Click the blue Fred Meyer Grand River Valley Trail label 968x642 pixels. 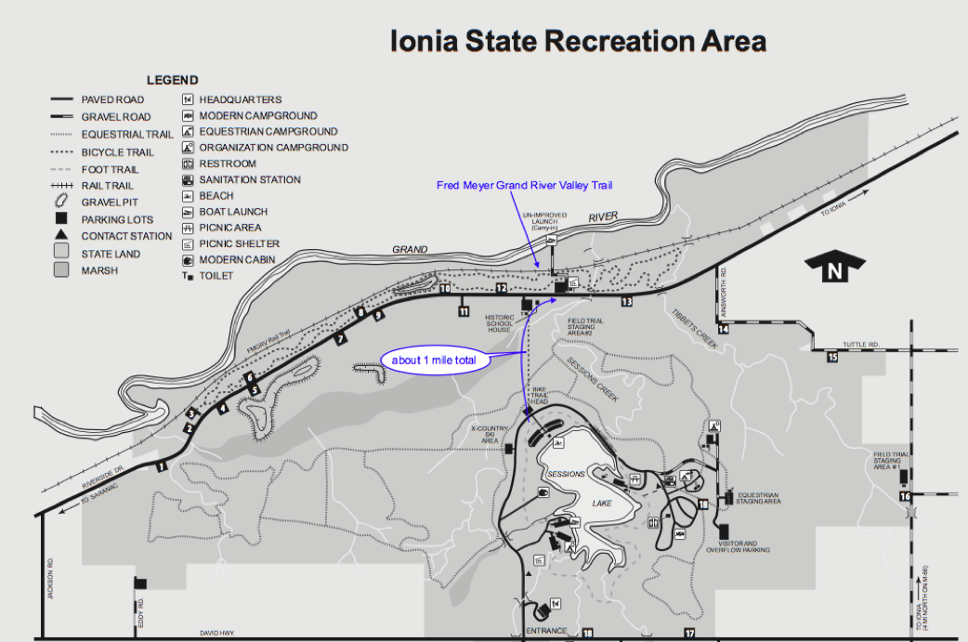[x=525, y=186]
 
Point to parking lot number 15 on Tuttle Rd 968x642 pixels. [x=832, y=357]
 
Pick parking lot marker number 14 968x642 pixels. [x=723, y=328]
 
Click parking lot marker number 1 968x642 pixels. [x=162, y=465]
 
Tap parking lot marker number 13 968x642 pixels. [x=626, y=301]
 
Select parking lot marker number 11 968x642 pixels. [x=464, y=311]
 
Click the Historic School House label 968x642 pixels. [x=500, y=322]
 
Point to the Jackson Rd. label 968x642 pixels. [x=52, y=578]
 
